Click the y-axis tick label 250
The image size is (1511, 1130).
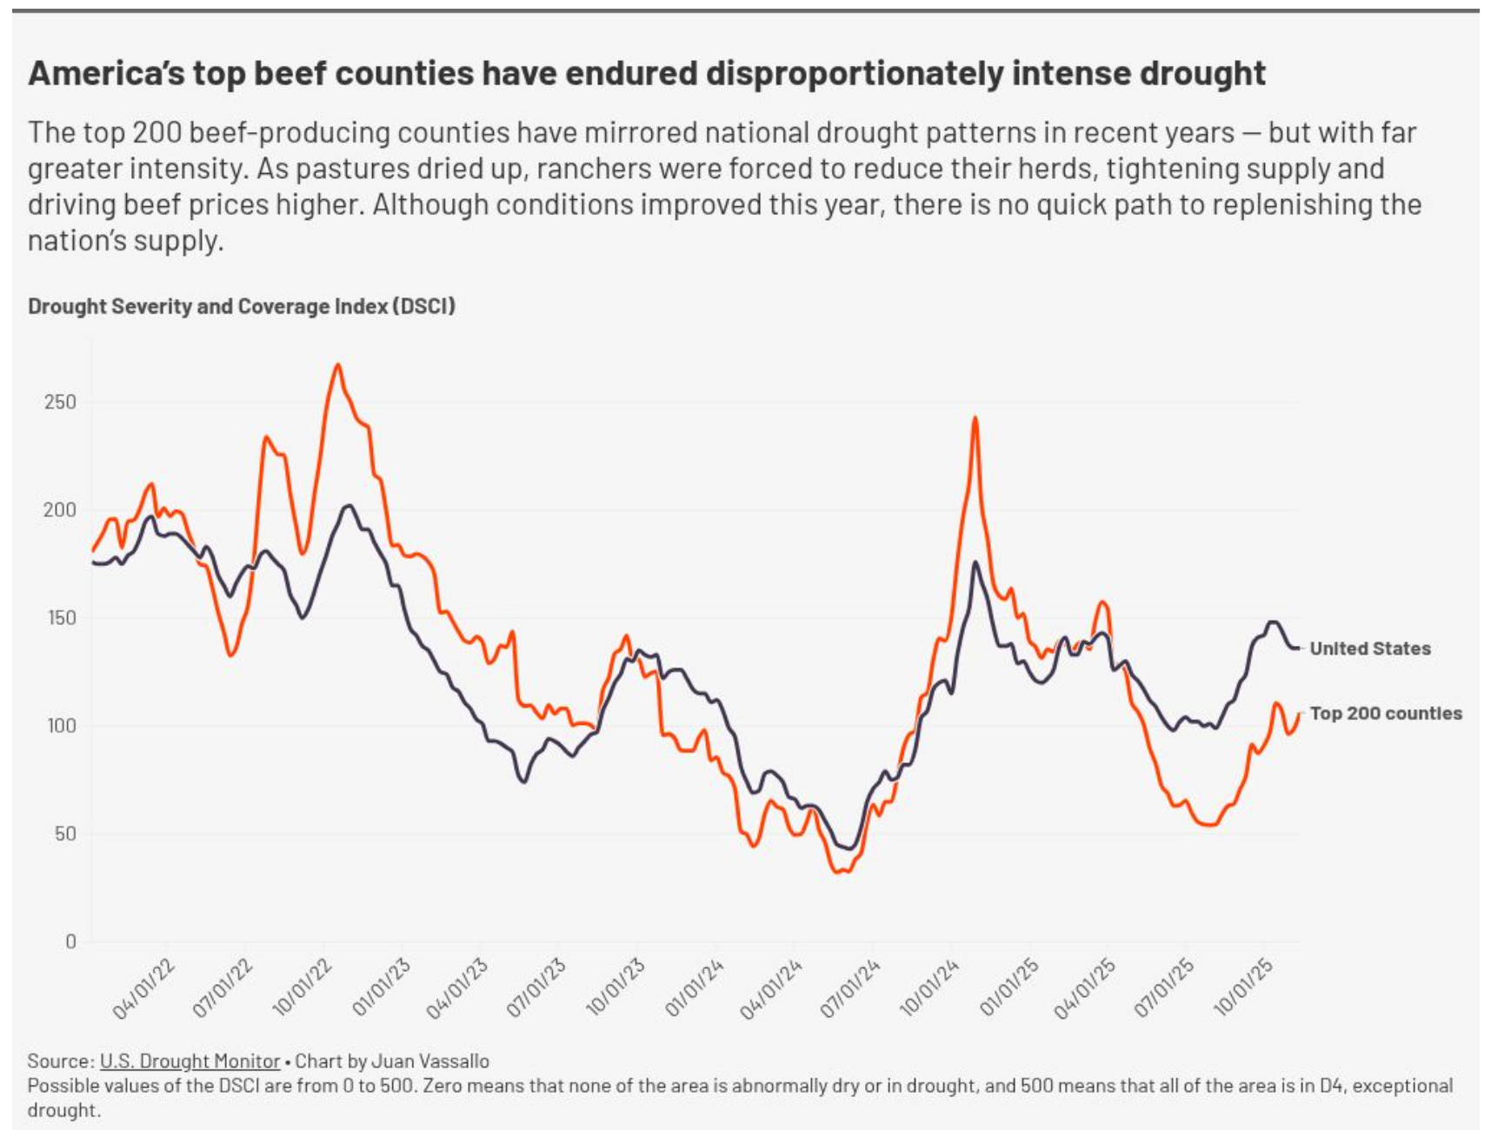click(x=60, y=402)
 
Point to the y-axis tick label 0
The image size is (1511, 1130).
click(x=70, y=941)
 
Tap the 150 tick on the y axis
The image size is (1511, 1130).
click(x=60, y=618)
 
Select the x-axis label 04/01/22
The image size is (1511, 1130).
click(x=144, y=989)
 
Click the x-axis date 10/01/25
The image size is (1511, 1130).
click(x=1244, y=989)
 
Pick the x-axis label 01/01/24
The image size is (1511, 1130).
click(x=695, y=989)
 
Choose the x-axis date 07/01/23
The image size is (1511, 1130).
click(x=536, y=989)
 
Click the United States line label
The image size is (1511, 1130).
click(x=1369, y=648)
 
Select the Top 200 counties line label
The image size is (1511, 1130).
click(x=1385, y=714)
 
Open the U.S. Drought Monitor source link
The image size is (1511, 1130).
click(x=190, y=1061)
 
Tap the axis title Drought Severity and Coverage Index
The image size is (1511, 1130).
click(x=242, y=307)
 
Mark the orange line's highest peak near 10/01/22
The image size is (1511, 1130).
click(x=338, y=364)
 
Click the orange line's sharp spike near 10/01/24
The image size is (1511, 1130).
click(x=975, y=418)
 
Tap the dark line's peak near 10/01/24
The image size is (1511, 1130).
click(x=975, y=562)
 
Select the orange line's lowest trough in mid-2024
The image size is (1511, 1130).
click(x=840, y=872)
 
